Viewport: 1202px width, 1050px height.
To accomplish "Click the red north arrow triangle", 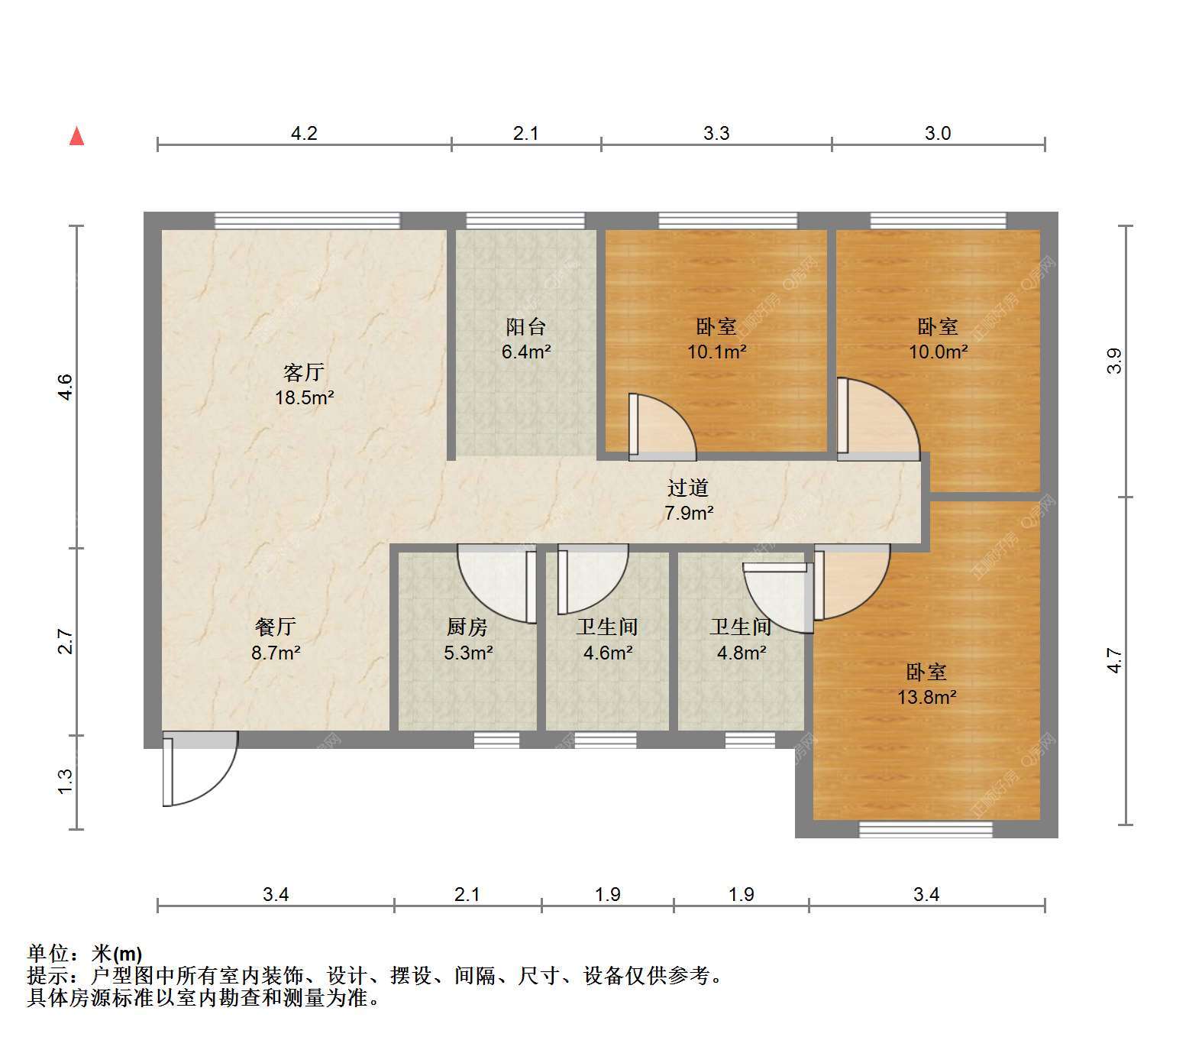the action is click(x=76, y=136).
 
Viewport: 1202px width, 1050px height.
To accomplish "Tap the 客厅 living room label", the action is click(x=304, y=373).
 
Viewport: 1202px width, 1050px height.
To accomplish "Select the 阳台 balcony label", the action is click(x=526, y=327).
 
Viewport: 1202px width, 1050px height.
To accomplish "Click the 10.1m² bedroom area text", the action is click(x=716, y=352).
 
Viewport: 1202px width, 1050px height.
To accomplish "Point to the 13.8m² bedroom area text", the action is click(x=927, y=697).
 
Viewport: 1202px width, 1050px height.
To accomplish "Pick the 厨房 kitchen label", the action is click(x=467, y=627).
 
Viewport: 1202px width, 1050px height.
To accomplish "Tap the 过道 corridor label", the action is click(x=688, y=488).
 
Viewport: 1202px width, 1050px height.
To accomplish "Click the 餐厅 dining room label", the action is click(x=275, y=627).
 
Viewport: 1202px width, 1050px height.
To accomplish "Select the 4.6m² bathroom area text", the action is click(x=608, y=653).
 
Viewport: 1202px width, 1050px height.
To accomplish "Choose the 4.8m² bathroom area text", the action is click(x=742, y=653).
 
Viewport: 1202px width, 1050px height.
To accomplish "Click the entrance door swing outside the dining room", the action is click(x=200, y=769).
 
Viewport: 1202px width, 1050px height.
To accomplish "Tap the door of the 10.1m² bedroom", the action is click(x=662, y=427).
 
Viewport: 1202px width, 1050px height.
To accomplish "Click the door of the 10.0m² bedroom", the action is click(x=878, y=420).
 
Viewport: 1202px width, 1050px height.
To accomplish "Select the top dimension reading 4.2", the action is click(x=304, y=134).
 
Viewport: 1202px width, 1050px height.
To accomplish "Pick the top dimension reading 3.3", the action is click(x=716, y=134).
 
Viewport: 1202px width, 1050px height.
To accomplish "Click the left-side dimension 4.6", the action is click(x=66, y=387).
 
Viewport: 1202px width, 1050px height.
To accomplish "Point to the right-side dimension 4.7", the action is click(x=1115, y=660).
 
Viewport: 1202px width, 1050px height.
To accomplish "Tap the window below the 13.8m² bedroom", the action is click(x=926, y=829).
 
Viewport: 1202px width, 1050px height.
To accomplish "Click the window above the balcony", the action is click(x=525, y=221).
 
